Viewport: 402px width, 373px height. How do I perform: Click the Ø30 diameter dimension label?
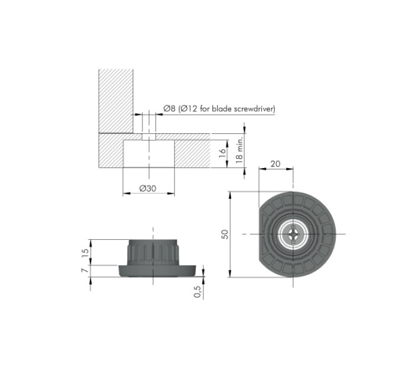[x=148, y=188]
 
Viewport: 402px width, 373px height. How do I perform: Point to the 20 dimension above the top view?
[x=275, y=164]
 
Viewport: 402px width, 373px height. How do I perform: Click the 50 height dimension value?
[x=225, y=234]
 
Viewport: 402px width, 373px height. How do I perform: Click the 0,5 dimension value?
[x=197, y=291]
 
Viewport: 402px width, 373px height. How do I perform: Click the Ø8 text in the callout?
[x=169, y=108]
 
